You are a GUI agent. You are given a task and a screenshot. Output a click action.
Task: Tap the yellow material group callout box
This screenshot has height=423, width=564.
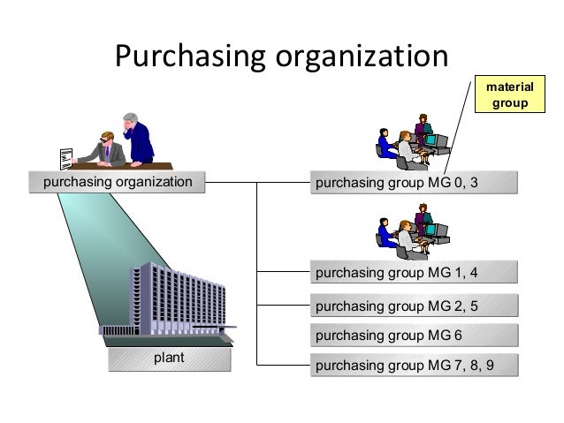pos(507,94)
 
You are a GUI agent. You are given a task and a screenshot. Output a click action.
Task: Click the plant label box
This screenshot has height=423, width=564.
pos(169,359)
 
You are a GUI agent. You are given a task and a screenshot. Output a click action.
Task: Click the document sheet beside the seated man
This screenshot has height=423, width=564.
pos(64,157)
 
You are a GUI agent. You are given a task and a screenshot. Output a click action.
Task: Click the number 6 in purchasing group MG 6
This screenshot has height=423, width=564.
pos(458,336)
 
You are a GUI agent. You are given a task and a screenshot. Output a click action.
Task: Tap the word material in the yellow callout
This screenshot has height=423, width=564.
pos(507,87)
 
